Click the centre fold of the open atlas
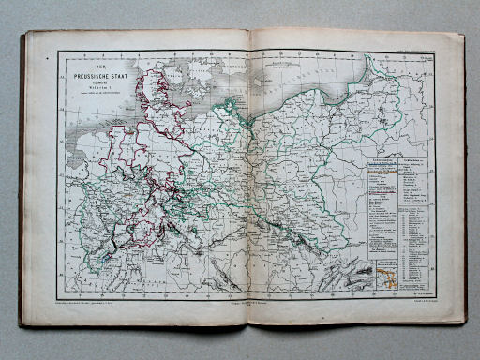[x=248, y=187]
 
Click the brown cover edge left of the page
[x=23, y=187]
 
